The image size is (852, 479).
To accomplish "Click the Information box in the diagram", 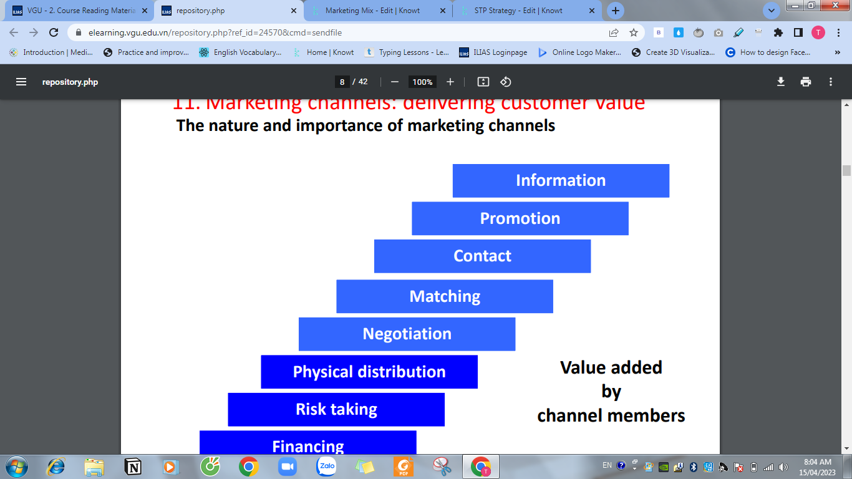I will [x=561, y=180].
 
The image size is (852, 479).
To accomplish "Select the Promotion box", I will [x=520, y=218].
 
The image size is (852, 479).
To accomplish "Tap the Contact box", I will [x=482, y=256].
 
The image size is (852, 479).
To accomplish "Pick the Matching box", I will [x=445, y=296].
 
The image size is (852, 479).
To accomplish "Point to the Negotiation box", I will [x=407, y=334].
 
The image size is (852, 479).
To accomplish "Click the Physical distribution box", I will [x=369, y=372].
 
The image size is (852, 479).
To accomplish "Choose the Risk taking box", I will [x=336, y=409].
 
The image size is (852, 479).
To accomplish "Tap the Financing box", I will [x=307, y=443].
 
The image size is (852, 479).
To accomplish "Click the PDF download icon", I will [x=780, y=82].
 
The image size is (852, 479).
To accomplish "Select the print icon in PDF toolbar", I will [x=806, y=82].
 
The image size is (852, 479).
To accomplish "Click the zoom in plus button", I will [x=450, y=82].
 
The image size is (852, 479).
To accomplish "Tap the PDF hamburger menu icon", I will [x=21, y=82].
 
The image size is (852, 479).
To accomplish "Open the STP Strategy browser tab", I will [x=518, y=11].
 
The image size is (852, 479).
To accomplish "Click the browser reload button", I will [x=54, y=32].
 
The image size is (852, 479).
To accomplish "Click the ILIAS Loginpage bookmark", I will [x=493, y=52].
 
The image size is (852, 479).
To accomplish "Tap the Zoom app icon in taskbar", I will [x=288, y=466].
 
